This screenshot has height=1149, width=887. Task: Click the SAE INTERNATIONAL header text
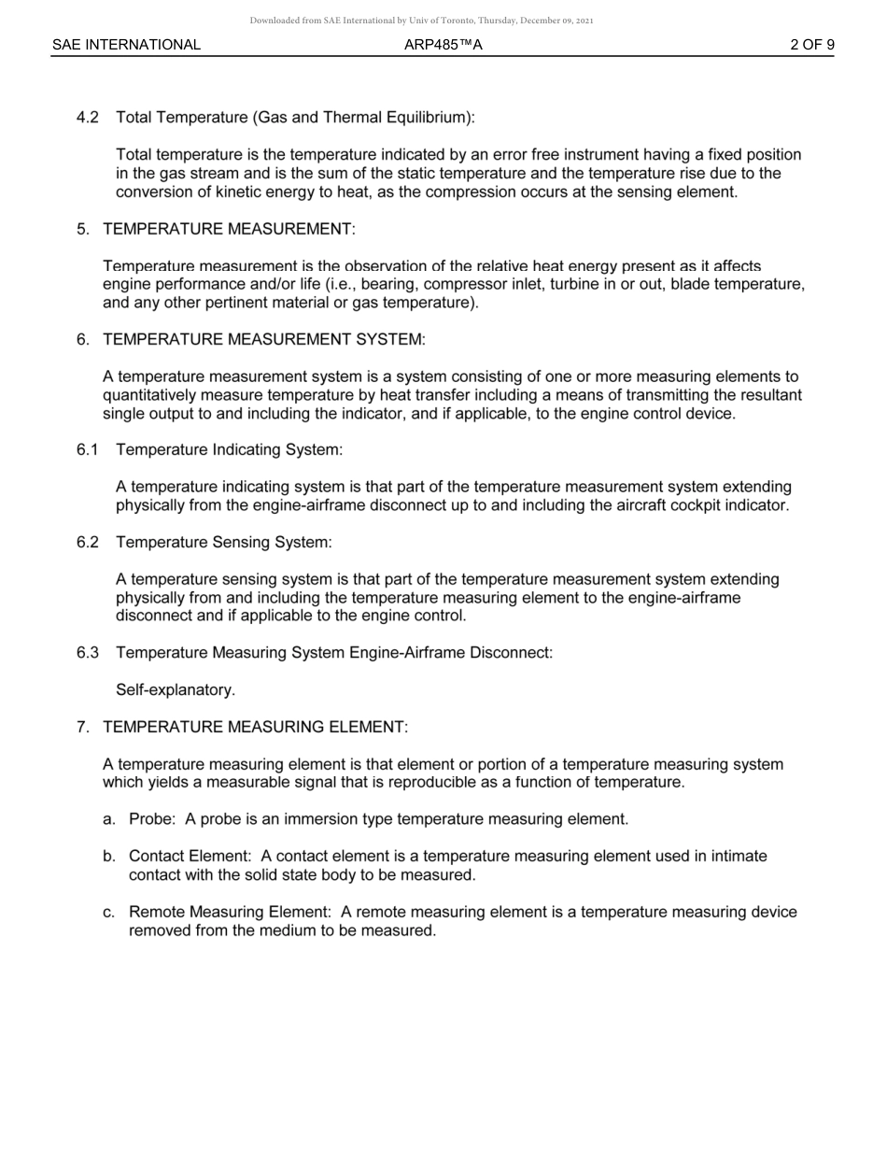(x=126, y=45)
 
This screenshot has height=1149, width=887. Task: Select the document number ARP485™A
(x=443, y=45)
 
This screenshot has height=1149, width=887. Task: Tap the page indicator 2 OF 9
(x=811, y=45)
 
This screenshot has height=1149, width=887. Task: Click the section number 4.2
(x=88, y=118)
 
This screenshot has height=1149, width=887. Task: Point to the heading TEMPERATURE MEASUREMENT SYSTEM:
(x=263, y=340)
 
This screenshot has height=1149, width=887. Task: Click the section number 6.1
(x=88, y=450)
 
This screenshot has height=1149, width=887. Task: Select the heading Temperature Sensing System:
(x=224, y=543)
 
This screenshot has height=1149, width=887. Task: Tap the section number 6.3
(x=88, y=653)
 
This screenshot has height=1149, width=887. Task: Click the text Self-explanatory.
(x=176, y=690)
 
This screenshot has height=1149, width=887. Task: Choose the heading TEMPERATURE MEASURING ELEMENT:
(x=255, y=727)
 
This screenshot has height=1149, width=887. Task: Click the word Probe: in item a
(x=152, y=819)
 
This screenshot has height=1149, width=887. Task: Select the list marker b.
(x=109, y=857)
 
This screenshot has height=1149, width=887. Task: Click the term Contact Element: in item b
(x=190, y=857)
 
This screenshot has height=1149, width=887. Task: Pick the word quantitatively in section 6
(x=154, y=395)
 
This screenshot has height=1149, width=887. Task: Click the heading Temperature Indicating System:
(x=229, y=450)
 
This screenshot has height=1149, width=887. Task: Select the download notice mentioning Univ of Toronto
(x=421, y=21)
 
